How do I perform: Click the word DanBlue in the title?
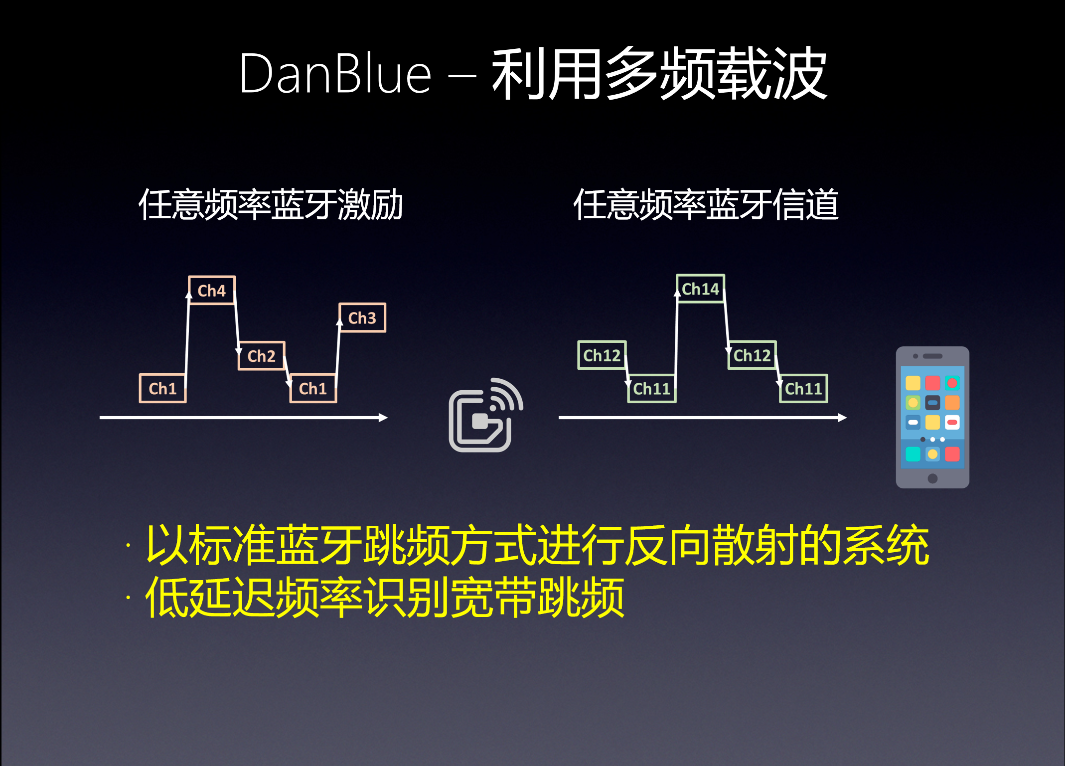(x=335, y=74)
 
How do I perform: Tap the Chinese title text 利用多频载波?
(x=659, y=73)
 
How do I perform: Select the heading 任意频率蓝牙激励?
(x=271, y=204)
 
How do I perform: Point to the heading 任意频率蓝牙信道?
(x=706, y=204)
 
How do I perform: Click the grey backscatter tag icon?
(x=486, y=415)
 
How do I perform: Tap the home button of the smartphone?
(x=932, y=478)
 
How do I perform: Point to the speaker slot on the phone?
(x=932, y=356)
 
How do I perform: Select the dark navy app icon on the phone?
(x=932, y=403)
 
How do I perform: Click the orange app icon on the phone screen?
(x=952, y=403)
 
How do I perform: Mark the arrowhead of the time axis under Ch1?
(x=383, y=418)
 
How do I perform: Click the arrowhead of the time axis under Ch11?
(x=842, y=418)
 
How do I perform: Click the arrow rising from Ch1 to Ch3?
(x=338, y=353)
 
